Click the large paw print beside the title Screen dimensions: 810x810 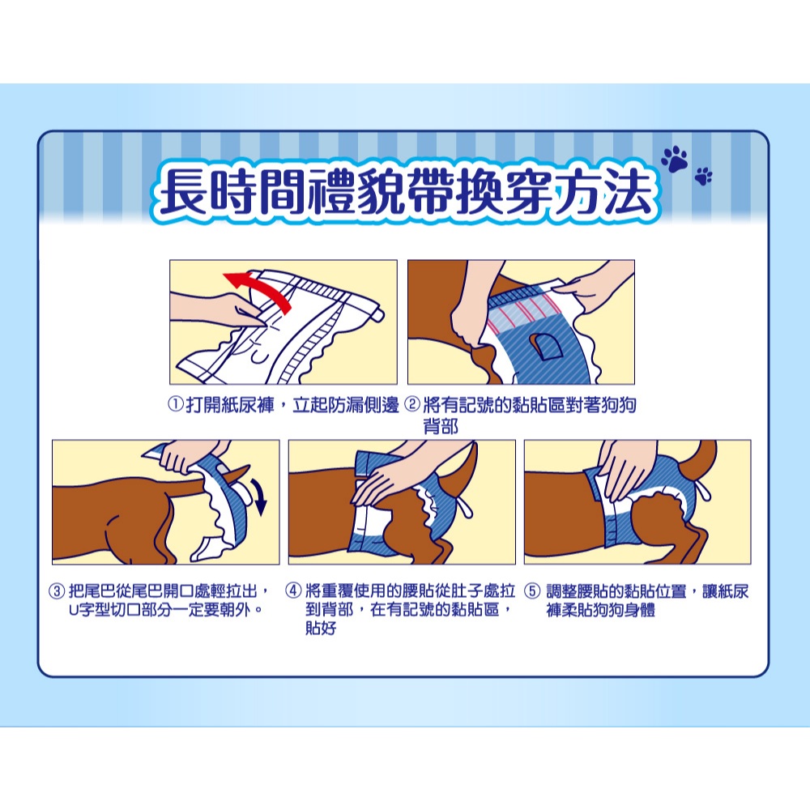point(675,159)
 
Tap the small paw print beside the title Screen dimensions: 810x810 point(703,176)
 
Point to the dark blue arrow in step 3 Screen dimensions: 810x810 point(260,496)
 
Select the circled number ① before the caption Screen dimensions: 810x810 point(176,404)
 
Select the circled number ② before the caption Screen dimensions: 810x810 point(412,404)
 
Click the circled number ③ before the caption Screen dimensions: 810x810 point(57,591)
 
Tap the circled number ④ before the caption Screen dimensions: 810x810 point(293,590)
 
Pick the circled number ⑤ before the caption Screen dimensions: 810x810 point(532,590)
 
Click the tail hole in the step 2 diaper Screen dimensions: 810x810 point(548,346)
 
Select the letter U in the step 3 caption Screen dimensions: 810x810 point(74,611)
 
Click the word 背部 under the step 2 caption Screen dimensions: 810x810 point(441,427)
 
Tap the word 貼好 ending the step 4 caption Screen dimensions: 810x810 point(321,629)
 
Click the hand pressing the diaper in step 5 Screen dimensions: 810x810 point(629,469)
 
